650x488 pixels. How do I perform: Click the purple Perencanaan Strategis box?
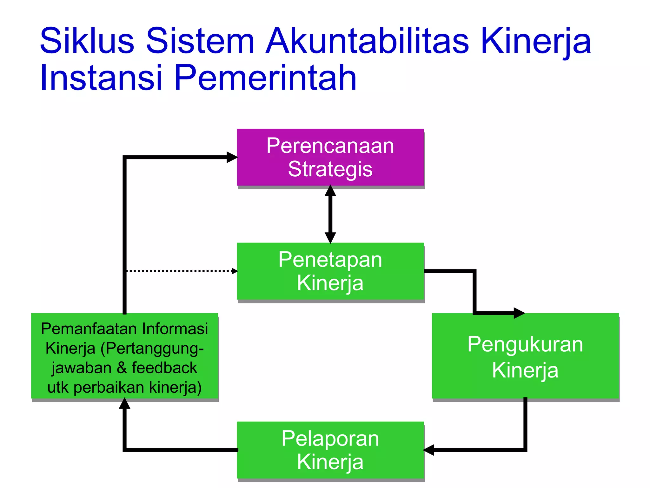(330, 157)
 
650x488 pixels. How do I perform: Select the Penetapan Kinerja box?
(330, 271)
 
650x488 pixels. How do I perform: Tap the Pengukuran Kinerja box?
(525, 356)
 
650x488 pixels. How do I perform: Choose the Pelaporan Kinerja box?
(330, 450)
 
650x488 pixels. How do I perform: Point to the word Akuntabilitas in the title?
(367, 41)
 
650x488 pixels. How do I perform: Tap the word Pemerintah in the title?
(265, 78)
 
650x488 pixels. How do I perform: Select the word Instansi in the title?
(101, 78)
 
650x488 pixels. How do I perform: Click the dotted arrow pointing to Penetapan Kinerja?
(181, 271)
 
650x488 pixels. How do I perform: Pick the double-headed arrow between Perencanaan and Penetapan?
(330, 214)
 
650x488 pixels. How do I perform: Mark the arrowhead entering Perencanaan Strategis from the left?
(232, 157)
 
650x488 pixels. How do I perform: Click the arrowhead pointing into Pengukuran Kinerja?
(519, 313)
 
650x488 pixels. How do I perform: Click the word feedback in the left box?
(164, 368)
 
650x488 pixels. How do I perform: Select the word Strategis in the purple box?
(330, 169)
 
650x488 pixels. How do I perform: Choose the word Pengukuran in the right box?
(525, 344)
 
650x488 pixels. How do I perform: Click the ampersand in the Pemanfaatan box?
(122, 368)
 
